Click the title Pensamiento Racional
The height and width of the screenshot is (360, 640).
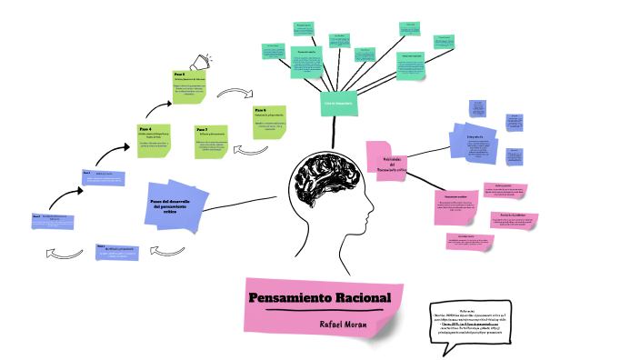(x=319, y=298)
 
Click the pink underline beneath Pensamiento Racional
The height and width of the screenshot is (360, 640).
(x=320, y=311)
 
